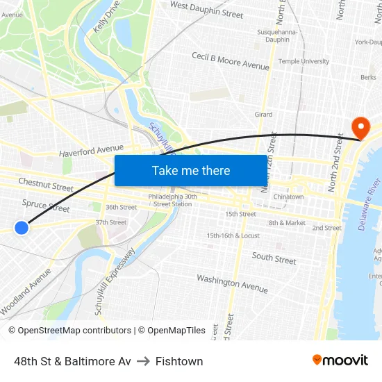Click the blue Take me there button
point(190,170)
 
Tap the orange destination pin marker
point(360,127)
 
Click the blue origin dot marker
point(22,227)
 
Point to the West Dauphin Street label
point(206,10)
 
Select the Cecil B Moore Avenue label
point(230,61)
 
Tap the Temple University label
point(304,61)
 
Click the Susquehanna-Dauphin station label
point(277,35)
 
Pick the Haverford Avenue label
point(91,150)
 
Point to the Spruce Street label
point(46,206)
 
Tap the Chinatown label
point(288,197)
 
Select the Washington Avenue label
point(232,283)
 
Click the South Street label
point(274,258)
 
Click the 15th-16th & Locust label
point(233,235)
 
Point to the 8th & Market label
point(287,223)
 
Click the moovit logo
point(340,360)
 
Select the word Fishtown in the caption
point(179,361)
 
